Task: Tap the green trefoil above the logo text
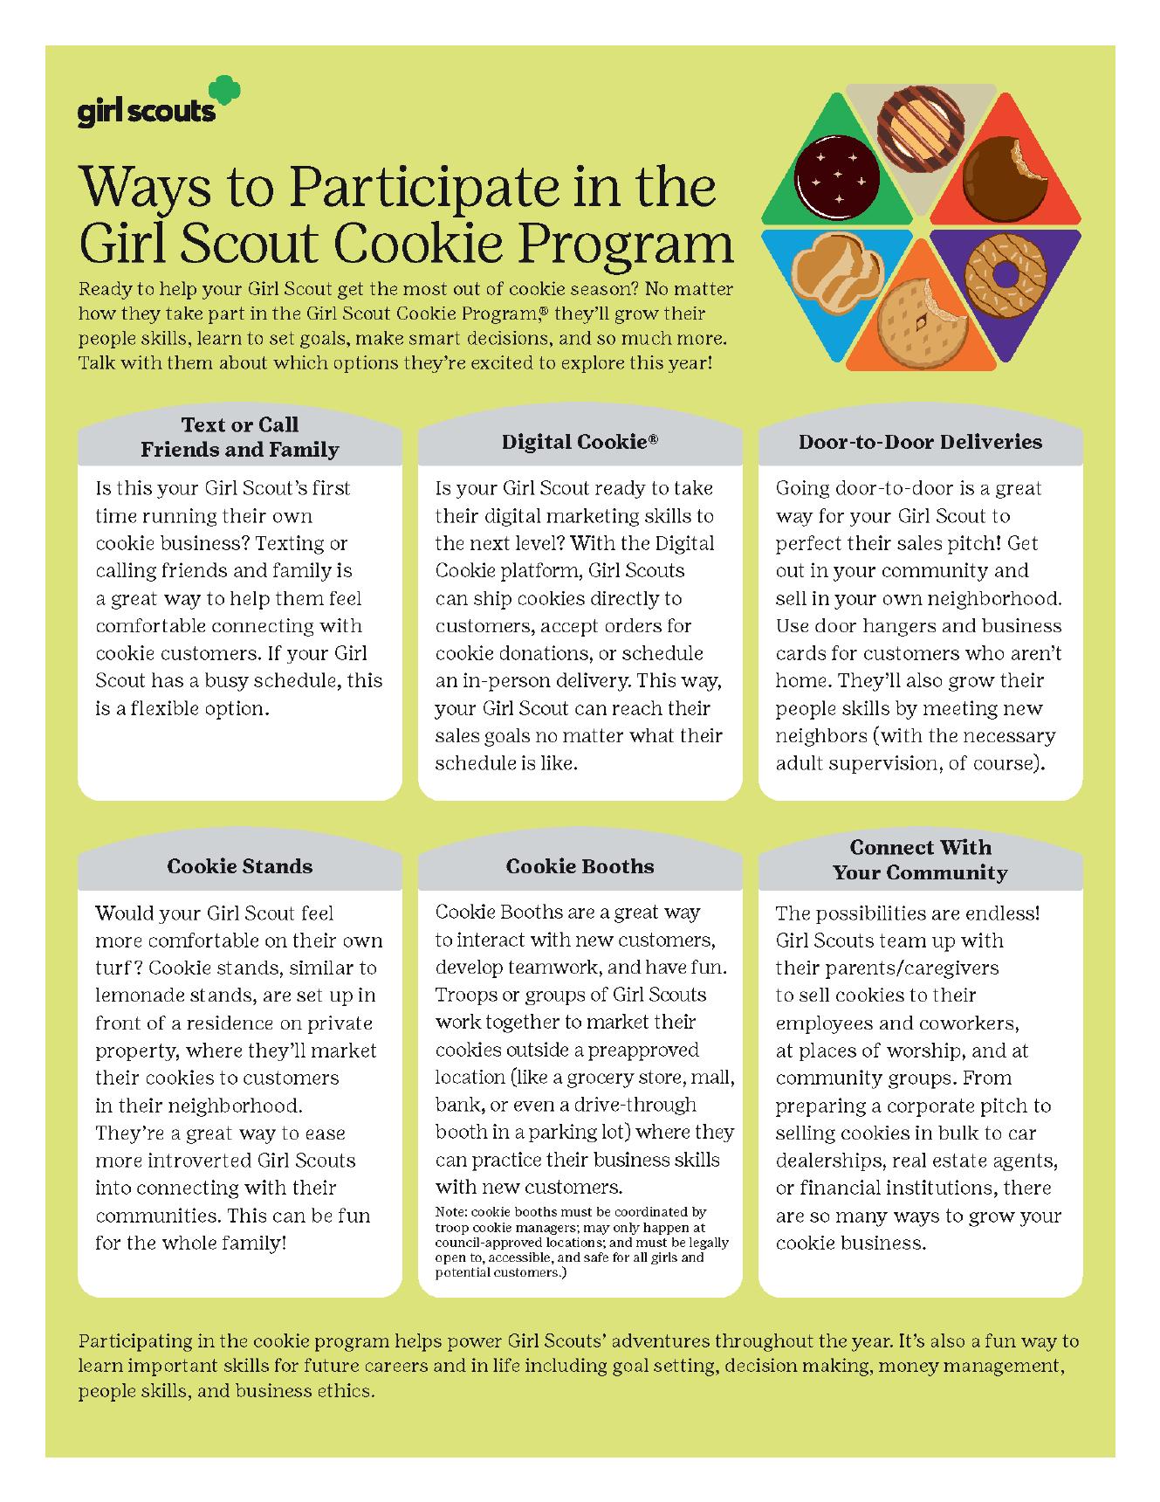(x=223, y=93)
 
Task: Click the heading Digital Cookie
(x=580, y=442)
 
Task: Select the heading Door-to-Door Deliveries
(x=920, y=442)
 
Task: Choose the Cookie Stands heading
(x=240, y=866)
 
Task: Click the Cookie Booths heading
(x=580, y=866)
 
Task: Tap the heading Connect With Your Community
(x=920, y=859)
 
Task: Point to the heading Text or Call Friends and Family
(x=240, y=437)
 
